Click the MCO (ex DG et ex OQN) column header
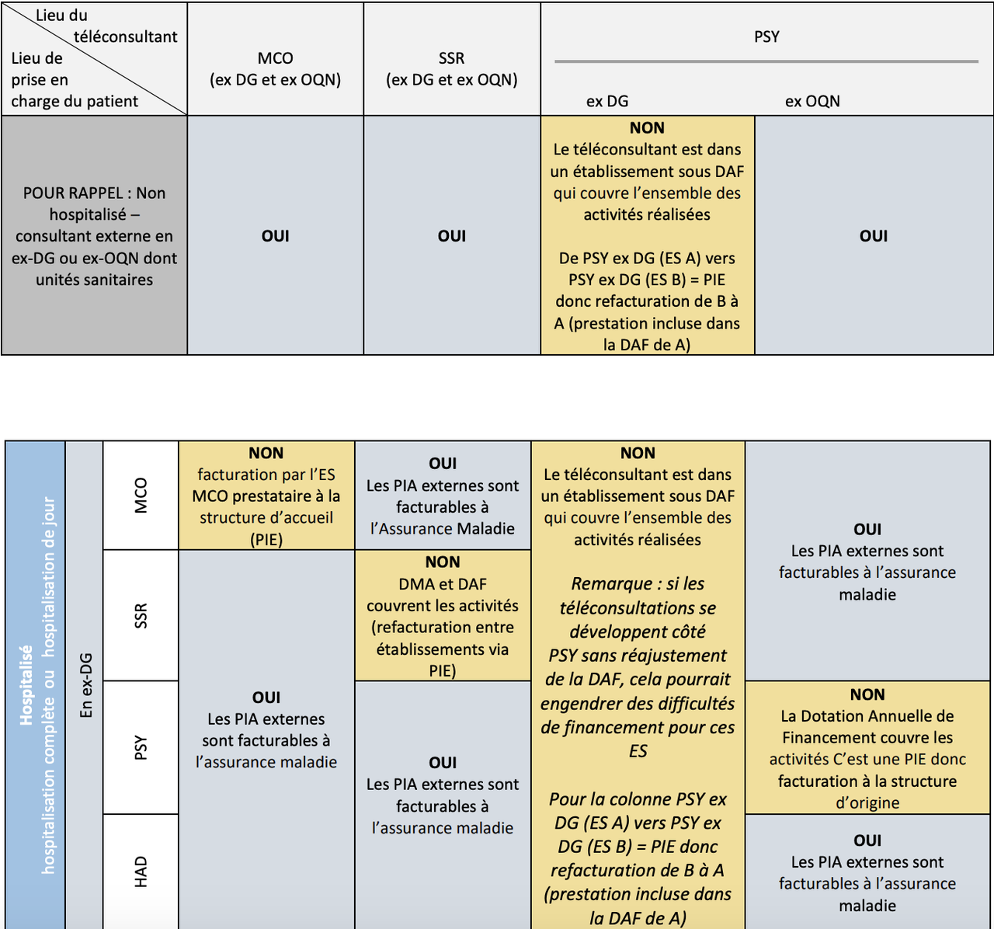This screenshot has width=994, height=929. (275, 69)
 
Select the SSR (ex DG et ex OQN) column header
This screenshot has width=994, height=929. (451, 69)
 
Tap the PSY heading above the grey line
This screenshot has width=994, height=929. (766, 37)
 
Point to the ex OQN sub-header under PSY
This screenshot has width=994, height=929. (812, 101)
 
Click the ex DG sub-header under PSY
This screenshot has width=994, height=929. (607, 101)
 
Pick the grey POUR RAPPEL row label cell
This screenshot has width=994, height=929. (94, 236)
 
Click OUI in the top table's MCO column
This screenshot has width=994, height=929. (275, 236)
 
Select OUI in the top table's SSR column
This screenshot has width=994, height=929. (451, 236)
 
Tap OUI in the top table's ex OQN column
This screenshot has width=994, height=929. (874, 236)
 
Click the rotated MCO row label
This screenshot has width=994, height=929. (141, 496)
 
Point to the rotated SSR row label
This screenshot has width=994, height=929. (141, 615)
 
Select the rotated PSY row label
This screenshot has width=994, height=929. (141, 747)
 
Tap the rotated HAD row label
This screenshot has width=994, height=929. (141, 872)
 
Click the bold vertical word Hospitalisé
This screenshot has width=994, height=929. (27, 685)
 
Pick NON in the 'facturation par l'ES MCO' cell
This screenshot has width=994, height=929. (266, 453)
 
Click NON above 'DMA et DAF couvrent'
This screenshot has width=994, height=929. (443, 562)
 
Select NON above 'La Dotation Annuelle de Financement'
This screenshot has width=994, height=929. (867, 694)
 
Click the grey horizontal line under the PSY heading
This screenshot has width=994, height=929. (766, 61)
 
